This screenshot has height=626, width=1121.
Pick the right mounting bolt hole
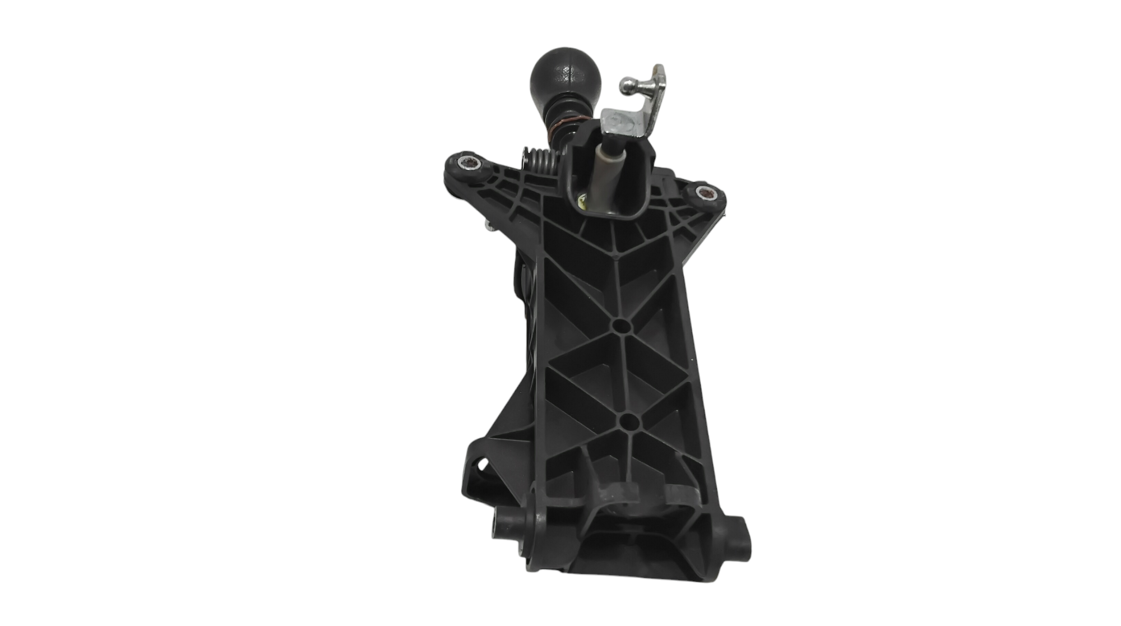(x=703, y=193)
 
